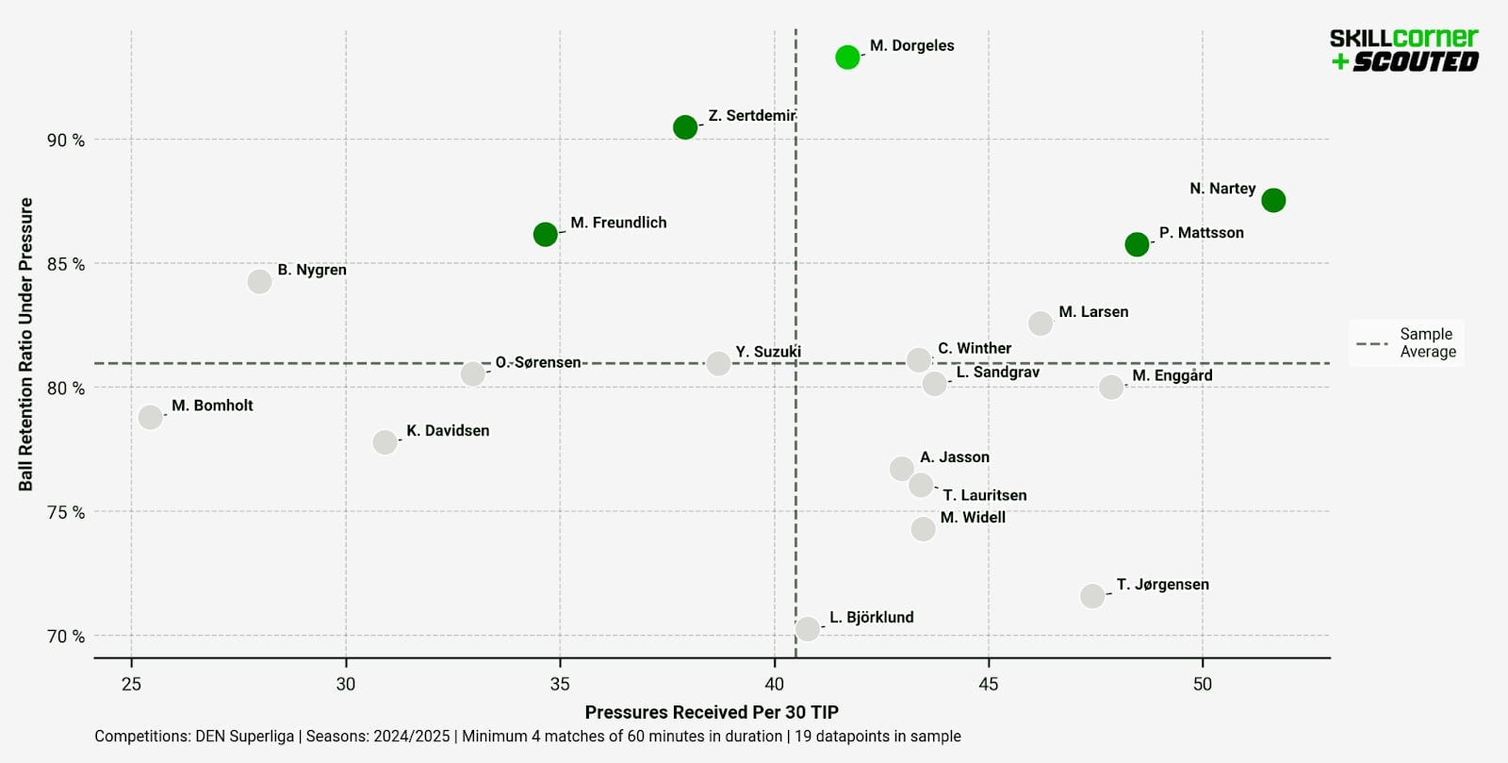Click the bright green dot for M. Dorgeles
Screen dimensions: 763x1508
click(x=847, y=58)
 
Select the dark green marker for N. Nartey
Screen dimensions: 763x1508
click(x=1273, y=200)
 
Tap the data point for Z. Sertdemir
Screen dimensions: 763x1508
click(x=685, y=127)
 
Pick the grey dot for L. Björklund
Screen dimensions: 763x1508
click(x=807, y=629)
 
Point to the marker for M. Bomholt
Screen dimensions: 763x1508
click(x=150, y=417)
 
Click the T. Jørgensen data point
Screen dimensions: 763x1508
click(x=1092, y=596)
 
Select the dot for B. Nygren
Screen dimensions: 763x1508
click(x=259, y=282)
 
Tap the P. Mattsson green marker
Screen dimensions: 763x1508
click(x=1137, y=244)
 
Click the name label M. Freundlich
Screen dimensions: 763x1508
click(x=618, y=223)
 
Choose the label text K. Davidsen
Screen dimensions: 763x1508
click(x=448, y=431)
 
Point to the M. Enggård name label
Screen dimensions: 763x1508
click(x=1172, y=375)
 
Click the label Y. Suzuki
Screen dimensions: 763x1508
click(x=768, y=352)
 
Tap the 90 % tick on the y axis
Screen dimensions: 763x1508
click(x=66, y=141)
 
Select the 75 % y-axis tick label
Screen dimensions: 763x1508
click(x=66, y=512)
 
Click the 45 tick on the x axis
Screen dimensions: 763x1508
click(x=988, y=684)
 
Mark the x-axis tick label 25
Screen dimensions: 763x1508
click(x=131, y=684)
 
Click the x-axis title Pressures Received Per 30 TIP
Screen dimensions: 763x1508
click(x=712, y=712)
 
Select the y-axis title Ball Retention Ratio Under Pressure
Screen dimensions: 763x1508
click(x=26, y=344)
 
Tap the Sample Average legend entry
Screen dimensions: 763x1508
click(x=1407, y=343)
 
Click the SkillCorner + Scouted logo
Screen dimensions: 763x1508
click(x=1403, y=50)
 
